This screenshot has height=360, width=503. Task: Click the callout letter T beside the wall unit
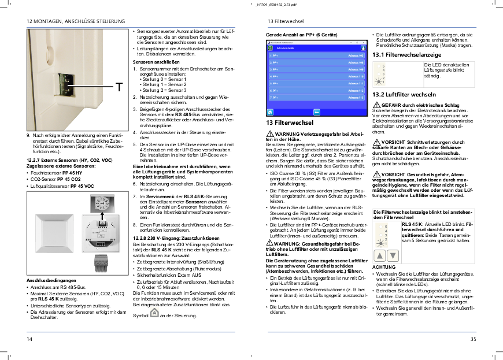tap(118, 87)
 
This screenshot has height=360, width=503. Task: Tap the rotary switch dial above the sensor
tap(103, 204)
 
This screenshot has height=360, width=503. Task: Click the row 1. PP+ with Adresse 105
tap(315, 55)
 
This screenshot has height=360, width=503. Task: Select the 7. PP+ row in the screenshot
tap(315, 98)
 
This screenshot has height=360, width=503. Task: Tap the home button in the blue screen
tap(269, 112)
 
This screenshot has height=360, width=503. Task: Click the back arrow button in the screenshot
tap(316, 112)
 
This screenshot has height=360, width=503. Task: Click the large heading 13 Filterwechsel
tap(290, 123)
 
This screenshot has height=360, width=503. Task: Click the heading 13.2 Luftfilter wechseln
tap(404, 94)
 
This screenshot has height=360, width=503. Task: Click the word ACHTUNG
tap(384, 267)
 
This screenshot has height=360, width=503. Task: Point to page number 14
tap(29, 339)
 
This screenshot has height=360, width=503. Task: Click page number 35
tap(473, 339)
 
